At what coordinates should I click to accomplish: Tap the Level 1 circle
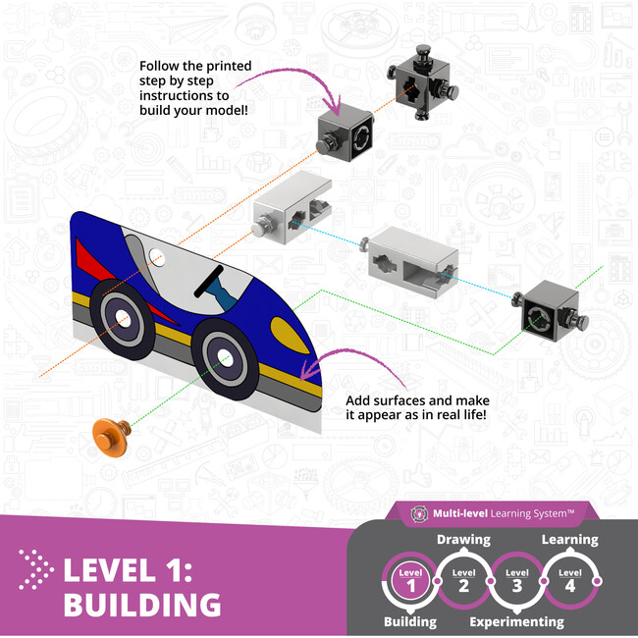pyautogui.click(x=409, y=579)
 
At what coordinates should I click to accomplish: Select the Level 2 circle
pyautogui.click(x=463, y=579)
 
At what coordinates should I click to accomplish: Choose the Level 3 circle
pyautogui.click(x=516, y=579)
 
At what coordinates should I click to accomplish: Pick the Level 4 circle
pyautogui.click(x=569, y=579)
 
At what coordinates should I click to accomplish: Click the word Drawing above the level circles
pyautogui.click(x=462, y=540)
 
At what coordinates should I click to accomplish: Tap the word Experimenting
pyautogui.click(x=516, y=621)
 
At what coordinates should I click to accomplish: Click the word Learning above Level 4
pyautogui.click(x=569, y=540)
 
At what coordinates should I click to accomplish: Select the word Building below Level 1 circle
pyautogui.click(x=409, y=621)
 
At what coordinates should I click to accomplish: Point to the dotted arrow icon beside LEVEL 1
pyautogui.click(x=36, y=569)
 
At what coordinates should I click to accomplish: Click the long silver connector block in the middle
pyautogui.click(x=405, y=260)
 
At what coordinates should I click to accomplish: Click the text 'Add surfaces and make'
pyautogui.click(x=417, y=400)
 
